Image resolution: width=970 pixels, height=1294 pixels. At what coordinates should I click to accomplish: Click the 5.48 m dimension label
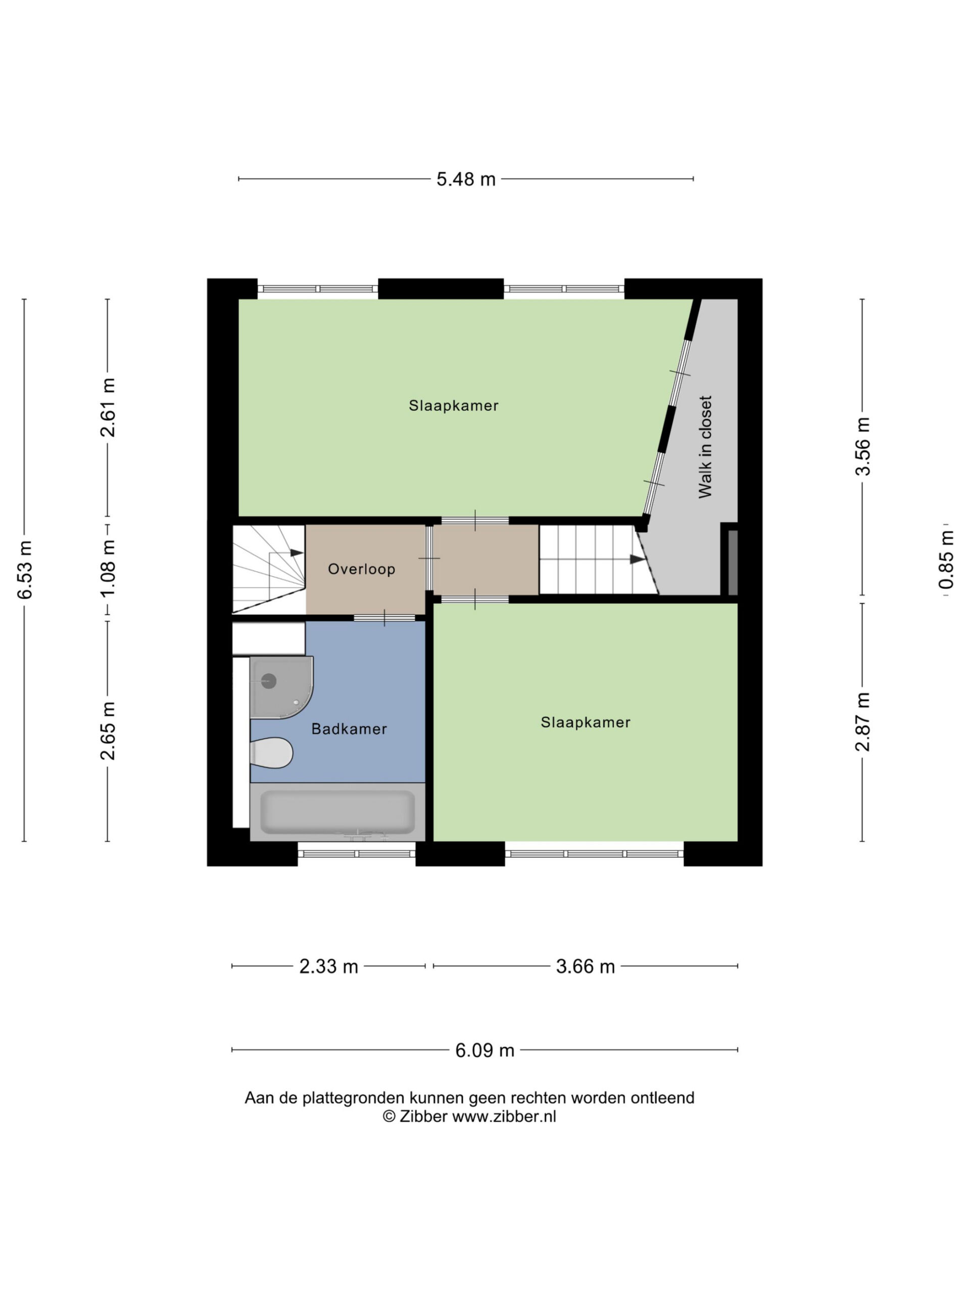pyautogui.click(x=465, y=179)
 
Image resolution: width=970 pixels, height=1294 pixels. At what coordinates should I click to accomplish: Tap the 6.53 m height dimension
pyautogui.click(x=25, y=570)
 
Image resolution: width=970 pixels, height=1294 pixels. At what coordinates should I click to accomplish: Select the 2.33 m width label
pyautogui.click(x=328, y=966)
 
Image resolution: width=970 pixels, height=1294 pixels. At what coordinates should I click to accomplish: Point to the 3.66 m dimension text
pyautogui.click(x=585, y=966)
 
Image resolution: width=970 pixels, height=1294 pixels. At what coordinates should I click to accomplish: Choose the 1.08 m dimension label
pyautogui.click(x=108, y=569)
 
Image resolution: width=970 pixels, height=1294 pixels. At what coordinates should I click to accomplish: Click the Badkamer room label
pyautogui.click(x=349, y=729)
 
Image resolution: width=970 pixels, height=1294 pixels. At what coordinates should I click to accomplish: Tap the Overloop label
pyautogui.click(x=361, y=569)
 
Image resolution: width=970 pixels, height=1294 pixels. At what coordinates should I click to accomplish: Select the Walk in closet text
pyautogui.click(x=705, y=447)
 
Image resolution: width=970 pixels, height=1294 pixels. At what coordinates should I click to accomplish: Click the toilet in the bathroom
pyautogui.click(x=271, y=752)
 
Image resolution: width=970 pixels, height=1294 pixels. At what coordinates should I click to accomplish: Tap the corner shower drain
pyautogui.click(x=268, y=681)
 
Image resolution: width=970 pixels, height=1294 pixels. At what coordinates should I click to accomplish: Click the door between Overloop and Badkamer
pyautogui.click(x=384, y=618)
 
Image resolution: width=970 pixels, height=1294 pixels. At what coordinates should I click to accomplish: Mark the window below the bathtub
pyautogui.click(x=357, y=854)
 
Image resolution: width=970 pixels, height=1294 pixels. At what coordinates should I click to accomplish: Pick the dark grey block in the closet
pyautogui.click(x=732, y=563)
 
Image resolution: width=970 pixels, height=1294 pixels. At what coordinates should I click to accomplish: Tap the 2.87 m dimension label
pyautogui.click(x=863, y=721)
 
